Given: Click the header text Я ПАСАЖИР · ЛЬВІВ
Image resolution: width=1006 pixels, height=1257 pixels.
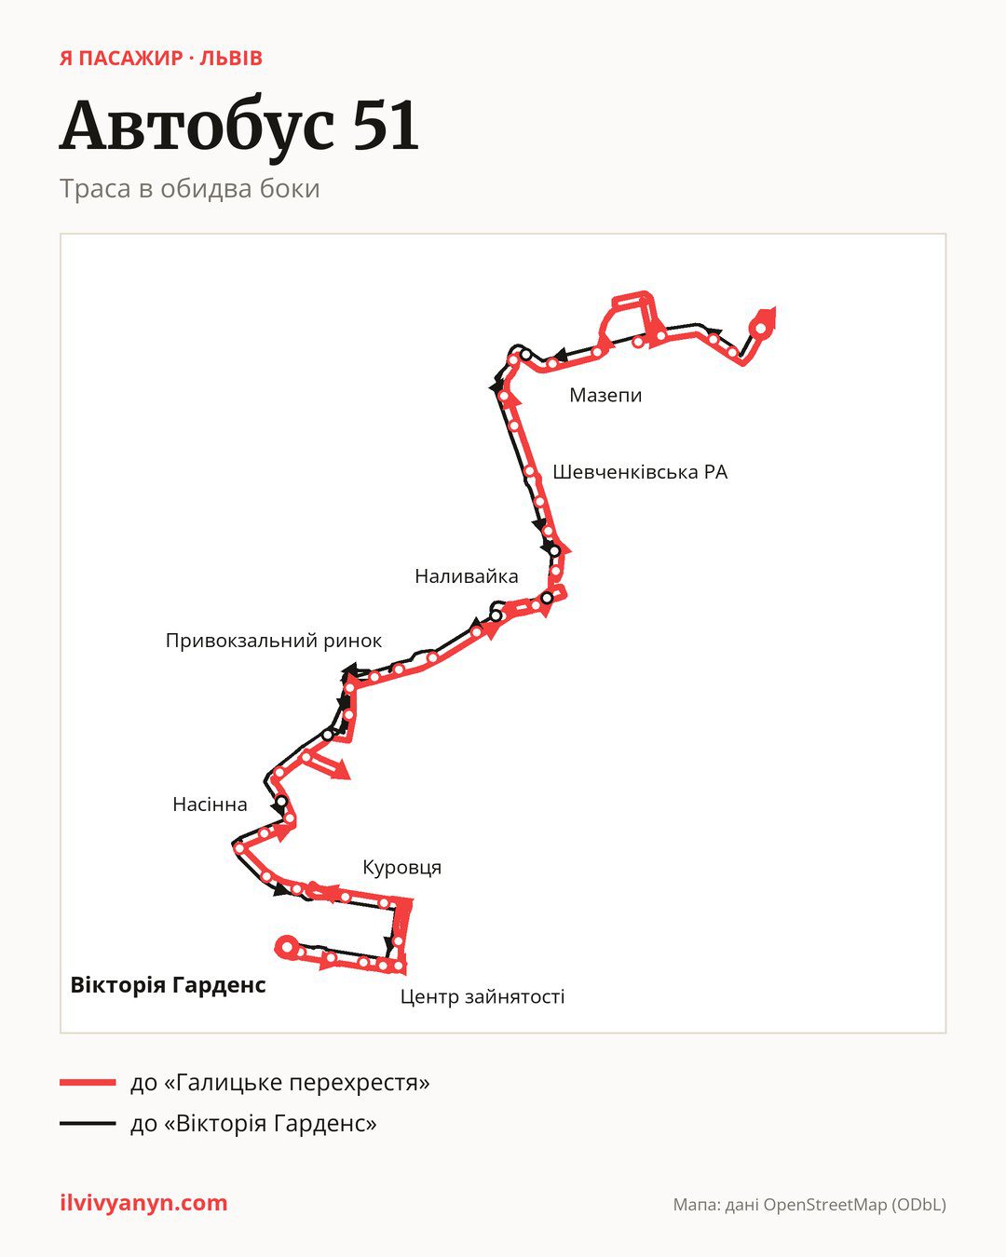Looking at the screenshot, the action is pyautogui.click(x=161, y=59).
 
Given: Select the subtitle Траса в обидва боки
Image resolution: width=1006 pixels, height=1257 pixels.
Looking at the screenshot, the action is pyautogui.click(x=189, y=189).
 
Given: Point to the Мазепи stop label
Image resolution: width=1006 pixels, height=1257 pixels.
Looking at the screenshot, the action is pyautogui.click(x=605, y=396).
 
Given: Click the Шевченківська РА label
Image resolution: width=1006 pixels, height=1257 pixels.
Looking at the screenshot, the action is pyautogui.click(x=640, y=472).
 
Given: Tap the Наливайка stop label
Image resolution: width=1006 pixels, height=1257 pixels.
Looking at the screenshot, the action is pyautogui.click(x=467, y=576).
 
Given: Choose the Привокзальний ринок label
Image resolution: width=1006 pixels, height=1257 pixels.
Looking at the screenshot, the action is pyautogui.click(x=274, y=641).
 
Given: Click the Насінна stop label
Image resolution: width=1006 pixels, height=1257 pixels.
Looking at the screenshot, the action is pyautogui.click(x=210, y=804).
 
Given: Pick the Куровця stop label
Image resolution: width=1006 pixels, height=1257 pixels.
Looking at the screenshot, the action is pyautogui.click(x=402, y=868).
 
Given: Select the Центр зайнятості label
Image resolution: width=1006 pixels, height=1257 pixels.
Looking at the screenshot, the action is pyautogui.click(x=483, y=996).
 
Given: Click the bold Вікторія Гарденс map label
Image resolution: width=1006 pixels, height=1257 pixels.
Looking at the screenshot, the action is pyautogui.click(x=169, y=985).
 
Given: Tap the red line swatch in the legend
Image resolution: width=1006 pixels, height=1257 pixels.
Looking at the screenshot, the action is pyautogui.click(x=88, y=1082).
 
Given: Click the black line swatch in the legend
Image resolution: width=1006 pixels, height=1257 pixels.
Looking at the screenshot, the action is pyautogui.click(x=88, y=1123).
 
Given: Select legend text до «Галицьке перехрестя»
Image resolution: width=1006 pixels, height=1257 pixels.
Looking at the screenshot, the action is pyautogui.click(x=280, y=1083).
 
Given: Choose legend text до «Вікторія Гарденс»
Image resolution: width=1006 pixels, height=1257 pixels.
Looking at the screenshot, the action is pyautogui.click(x=253, y=1123).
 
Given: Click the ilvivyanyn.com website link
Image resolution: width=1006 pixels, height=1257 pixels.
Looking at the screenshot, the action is pyautogui.click(x=143, y=1203).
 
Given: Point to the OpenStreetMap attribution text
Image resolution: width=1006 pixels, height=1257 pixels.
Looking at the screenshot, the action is pyautogui.click(x=809, y=1205).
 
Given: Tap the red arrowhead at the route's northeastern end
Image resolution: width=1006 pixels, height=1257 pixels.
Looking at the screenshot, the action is pyautogui.click(x=768, y=316).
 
